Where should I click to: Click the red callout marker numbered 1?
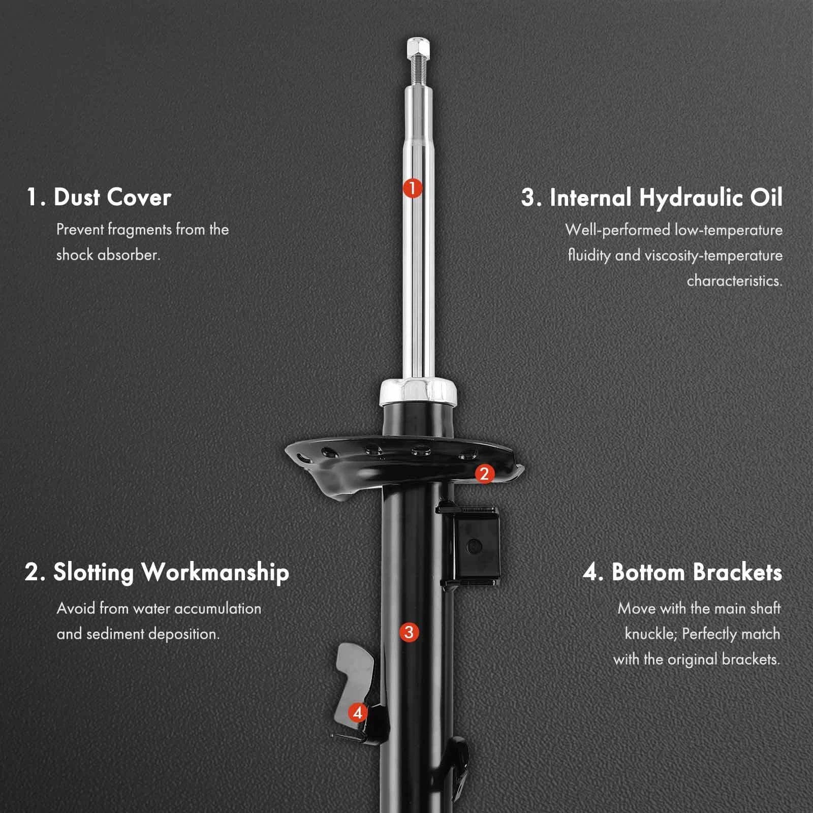click(413, 188)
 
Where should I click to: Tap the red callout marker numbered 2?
click(484, 474)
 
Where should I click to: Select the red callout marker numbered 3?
click(409, 633)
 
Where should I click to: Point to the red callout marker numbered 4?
click(358, 712)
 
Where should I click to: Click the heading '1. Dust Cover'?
click(99, 197)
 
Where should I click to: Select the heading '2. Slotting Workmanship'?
click(157, 573)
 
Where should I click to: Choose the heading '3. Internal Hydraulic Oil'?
click(652, 198)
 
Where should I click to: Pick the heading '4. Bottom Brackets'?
click(682, 572)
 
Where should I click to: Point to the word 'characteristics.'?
click(735, 280)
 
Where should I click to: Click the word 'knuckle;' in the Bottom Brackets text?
click(651, 634)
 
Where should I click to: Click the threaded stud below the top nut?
click(418, 71)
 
